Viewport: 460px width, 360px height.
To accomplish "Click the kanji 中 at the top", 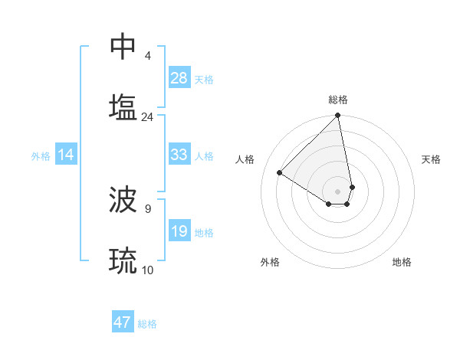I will pos(123,47).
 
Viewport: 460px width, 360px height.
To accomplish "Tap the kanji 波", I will pos(123,201).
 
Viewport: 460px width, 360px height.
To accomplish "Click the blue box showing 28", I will pos(179,78).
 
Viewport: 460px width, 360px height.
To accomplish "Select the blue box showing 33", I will pos(179,155).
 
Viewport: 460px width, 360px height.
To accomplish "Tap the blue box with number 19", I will pos(179,231).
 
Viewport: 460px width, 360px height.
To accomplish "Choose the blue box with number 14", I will pos(66,155).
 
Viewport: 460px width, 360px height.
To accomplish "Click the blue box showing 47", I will pos(123,322).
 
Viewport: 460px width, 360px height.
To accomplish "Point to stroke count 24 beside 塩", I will pos(147,116).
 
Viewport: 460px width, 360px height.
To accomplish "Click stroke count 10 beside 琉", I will pos(148,270).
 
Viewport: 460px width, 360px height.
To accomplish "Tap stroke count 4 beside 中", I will pos(148,56).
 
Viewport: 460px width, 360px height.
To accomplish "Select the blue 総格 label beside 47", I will pos(147,324).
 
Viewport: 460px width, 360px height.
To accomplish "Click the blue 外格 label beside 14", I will pos(41,155).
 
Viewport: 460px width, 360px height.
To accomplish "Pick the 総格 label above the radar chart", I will pos(338,100).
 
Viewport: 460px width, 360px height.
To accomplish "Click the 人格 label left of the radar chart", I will pos(245,159).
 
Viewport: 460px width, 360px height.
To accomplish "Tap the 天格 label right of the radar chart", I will pos(431,159).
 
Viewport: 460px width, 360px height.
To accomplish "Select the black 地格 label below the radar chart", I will pos(402,262).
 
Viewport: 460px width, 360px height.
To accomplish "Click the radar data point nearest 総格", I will pos(337,116).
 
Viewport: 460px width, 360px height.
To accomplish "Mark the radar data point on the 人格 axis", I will pos(280,172).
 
